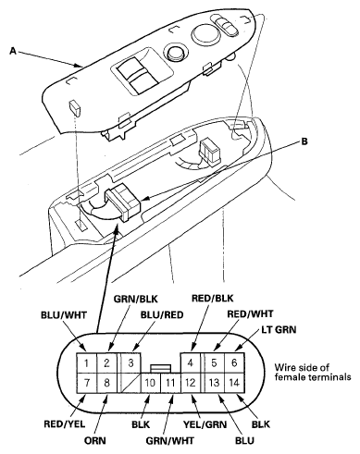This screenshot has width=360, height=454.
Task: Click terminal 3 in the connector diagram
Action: click(130, 362)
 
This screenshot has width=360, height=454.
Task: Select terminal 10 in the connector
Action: click(151, 383)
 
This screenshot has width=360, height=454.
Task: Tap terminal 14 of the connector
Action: click(234, 383)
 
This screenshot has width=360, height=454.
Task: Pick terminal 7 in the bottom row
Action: click(87, 383)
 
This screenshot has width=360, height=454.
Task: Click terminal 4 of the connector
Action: click(191, 362)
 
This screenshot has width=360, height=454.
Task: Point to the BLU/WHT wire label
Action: click(64, 315)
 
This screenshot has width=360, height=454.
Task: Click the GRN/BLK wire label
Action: click(136, 299)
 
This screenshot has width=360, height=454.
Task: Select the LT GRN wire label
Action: click(279, 330)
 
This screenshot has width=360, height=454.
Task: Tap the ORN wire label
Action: click(95, 440)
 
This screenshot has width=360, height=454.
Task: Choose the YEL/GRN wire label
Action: click(205, 424)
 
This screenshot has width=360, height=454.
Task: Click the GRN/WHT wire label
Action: click(170, 440)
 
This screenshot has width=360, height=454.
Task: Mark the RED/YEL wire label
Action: click(65, 424)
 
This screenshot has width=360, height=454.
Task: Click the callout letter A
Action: click(13, 51)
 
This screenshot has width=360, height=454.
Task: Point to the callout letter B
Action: click(304, 141)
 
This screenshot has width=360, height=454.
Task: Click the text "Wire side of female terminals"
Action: click(313, 372)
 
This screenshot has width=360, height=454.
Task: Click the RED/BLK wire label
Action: click(213, 299)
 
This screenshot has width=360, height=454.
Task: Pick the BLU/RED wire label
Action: click(162, 315)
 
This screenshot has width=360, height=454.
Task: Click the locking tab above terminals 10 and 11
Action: click(160, 369)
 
